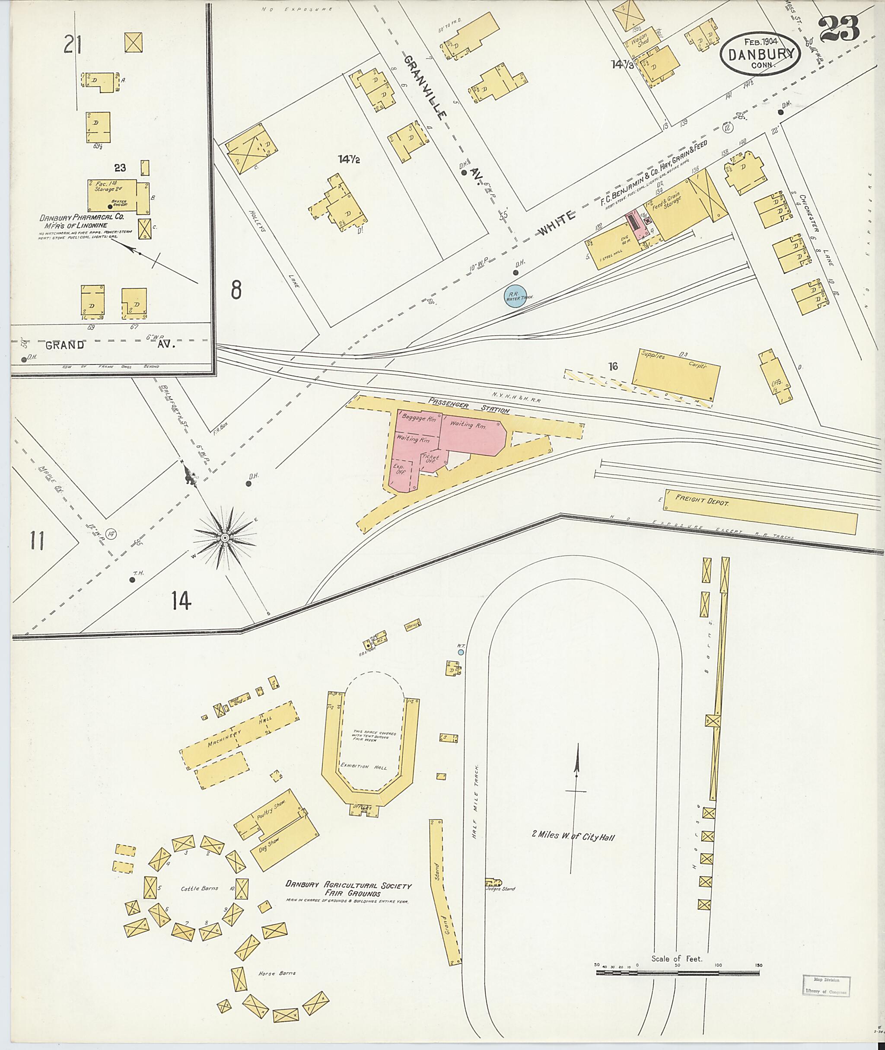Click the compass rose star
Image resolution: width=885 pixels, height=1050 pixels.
coord(225,538)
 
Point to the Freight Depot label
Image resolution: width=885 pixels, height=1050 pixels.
coord(702,501)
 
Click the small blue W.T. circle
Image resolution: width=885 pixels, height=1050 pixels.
coord(461,652)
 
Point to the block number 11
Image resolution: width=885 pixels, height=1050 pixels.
coord(36,541)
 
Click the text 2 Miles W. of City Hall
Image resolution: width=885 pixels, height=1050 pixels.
coord(573,837)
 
